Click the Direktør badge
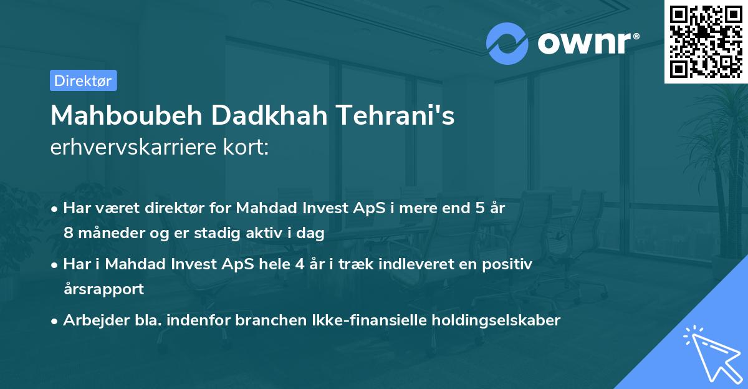tap(83, 80)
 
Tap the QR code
tap(706, 41)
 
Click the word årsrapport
tap(103, 289)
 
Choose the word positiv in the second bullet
tap(510, 264)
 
